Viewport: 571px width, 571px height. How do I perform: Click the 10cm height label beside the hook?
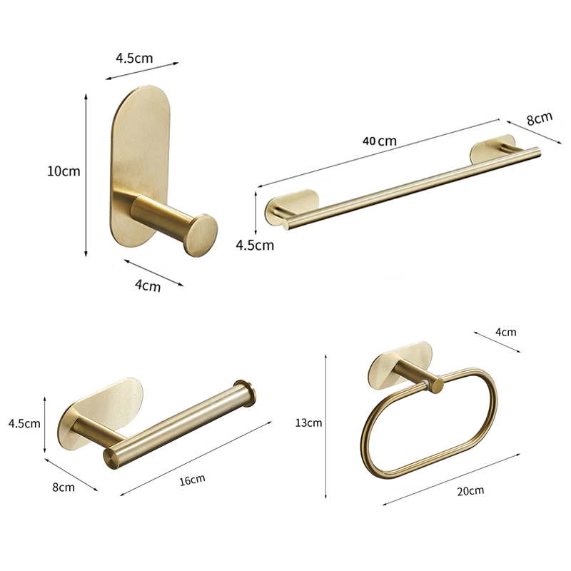(64, 171)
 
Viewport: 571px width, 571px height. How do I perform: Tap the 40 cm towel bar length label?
(380, 141)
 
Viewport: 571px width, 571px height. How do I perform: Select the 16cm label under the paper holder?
(192, 480)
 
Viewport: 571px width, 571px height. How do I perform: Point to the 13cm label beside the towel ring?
(308, 423)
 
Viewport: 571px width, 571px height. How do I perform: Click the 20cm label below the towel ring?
(470, 490)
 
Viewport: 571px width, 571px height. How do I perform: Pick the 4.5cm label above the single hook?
(134, 58)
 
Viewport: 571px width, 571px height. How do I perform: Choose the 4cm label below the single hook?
(148, 285)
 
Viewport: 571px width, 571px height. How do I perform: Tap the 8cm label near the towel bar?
(540, 118)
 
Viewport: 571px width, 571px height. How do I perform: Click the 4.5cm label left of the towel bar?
(255, 245)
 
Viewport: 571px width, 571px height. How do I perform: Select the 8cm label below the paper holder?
(64, 487)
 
